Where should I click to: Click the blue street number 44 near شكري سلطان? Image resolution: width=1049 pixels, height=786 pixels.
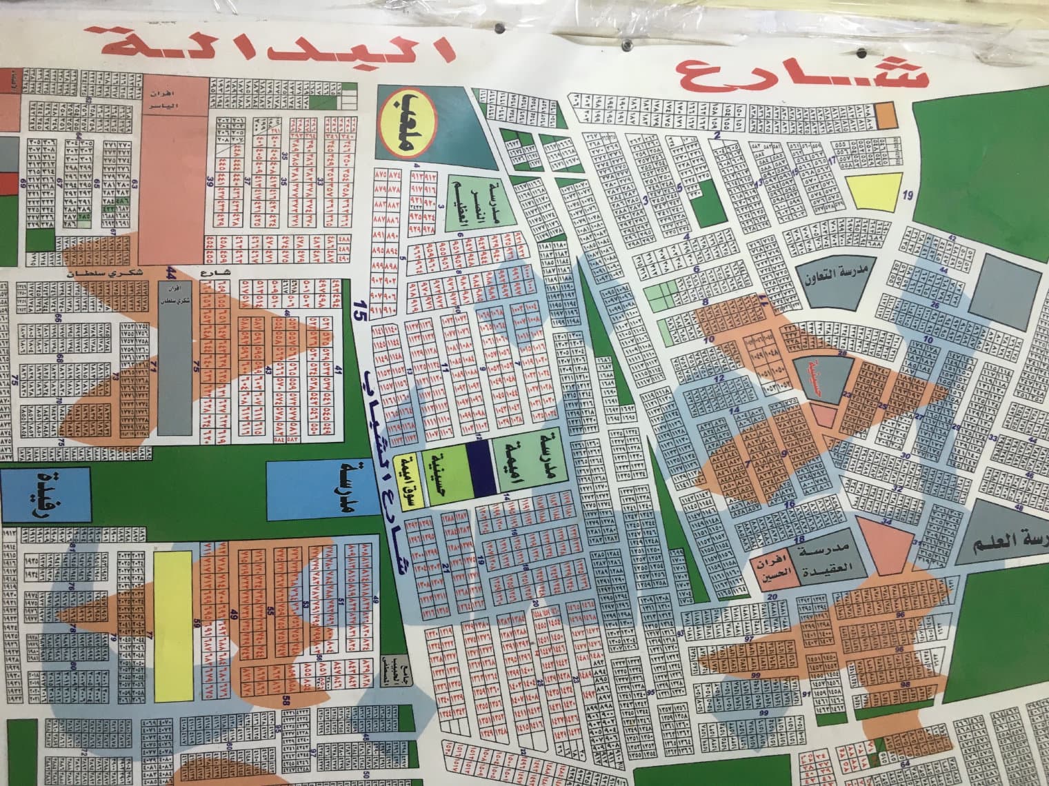click(x=170, y=274)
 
